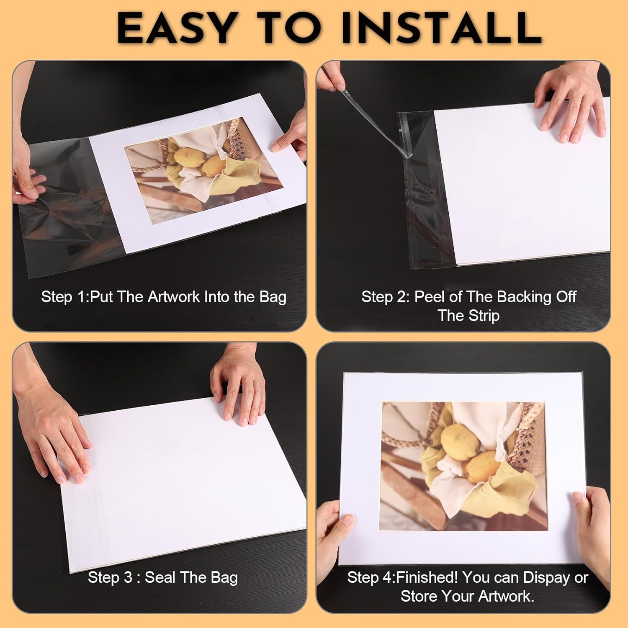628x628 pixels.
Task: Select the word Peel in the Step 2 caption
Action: click(x=428, y=297)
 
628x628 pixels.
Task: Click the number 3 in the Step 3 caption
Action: click(x=128, y=577)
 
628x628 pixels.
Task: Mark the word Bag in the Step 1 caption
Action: click(x=273, y=298)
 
